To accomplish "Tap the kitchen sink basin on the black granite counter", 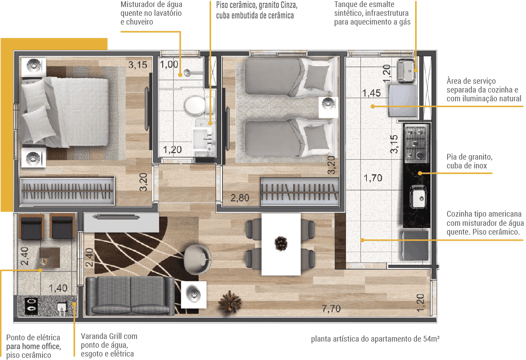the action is pyautogui.click(x=418, y=196).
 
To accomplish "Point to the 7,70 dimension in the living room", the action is pyautogui.click(x=331, y=309).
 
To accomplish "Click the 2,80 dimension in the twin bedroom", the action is pyautogui.click(x=239, y=198).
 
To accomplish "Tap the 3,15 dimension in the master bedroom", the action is pyautogui.click(x=138, y=65).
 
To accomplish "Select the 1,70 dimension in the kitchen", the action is pyautogui.click(x=373, y=178).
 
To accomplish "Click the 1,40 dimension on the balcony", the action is pyautogui.click(x=58, y=288).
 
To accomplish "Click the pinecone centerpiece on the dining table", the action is pyautogui.click(x=281, y=243).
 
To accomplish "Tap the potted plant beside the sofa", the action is pyautogui.click(x=230, y=302).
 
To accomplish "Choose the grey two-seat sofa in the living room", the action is pyautogui.click(x=130, y=296).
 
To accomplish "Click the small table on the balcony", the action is pyautogui.click(x=50, y=257).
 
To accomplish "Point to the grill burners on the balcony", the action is pyautogui.click(x=31, y=306).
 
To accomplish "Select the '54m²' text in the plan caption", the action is pyautogui.click(x=431, y=339).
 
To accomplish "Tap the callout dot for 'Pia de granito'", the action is pyautogui.click(x=420, y=173).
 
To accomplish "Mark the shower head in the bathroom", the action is pyautogui.click(x=187, y=72).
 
